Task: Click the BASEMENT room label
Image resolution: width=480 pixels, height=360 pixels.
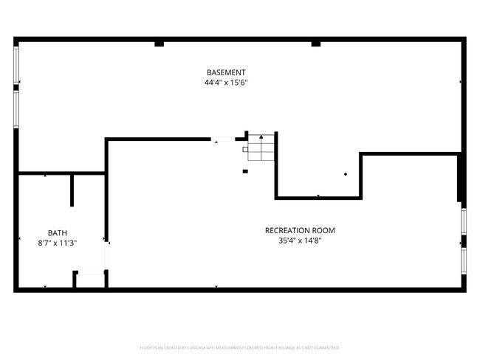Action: pos(225,72)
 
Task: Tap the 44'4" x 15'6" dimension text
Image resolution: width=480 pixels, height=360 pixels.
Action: pos(225,83)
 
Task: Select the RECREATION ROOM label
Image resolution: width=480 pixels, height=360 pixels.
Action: pos(301,230)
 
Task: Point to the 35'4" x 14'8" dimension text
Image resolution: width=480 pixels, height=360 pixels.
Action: pos(301,240)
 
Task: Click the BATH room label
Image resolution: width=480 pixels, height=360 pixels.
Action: pos(58,232)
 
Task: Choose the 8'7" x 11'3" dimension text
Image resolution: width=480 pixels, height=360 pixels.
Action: pos(58,242)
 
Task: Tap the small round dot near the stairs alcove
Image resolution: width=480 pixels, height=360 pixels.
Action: pos(345,174)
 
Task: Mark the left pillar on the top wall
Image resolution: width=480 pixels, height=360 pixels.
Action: pos(159,44)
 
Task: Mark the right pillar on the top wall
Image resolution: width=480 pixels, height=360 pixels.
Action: pos(316,44)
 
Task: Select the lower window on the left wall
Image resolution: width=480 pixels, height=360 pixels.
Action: pos(16,108)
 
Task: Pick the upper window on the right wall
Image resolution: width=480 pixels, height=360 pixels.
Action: pos(464,221)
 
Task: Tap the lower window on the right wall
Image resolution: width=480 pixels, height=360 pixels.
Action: pos(464,260)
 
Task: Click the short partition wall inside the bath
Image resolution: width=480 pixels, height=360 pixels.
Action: pos(72,190)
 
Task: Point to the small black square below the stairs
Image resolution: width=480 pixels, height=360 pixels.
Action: pos(245,172)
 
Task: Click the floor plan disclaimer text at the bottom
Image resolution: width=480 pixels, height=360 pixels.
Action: pos(240,347)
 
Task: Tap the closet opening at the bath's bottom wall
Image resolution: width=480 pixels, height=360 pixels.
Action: pos(91,274)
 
